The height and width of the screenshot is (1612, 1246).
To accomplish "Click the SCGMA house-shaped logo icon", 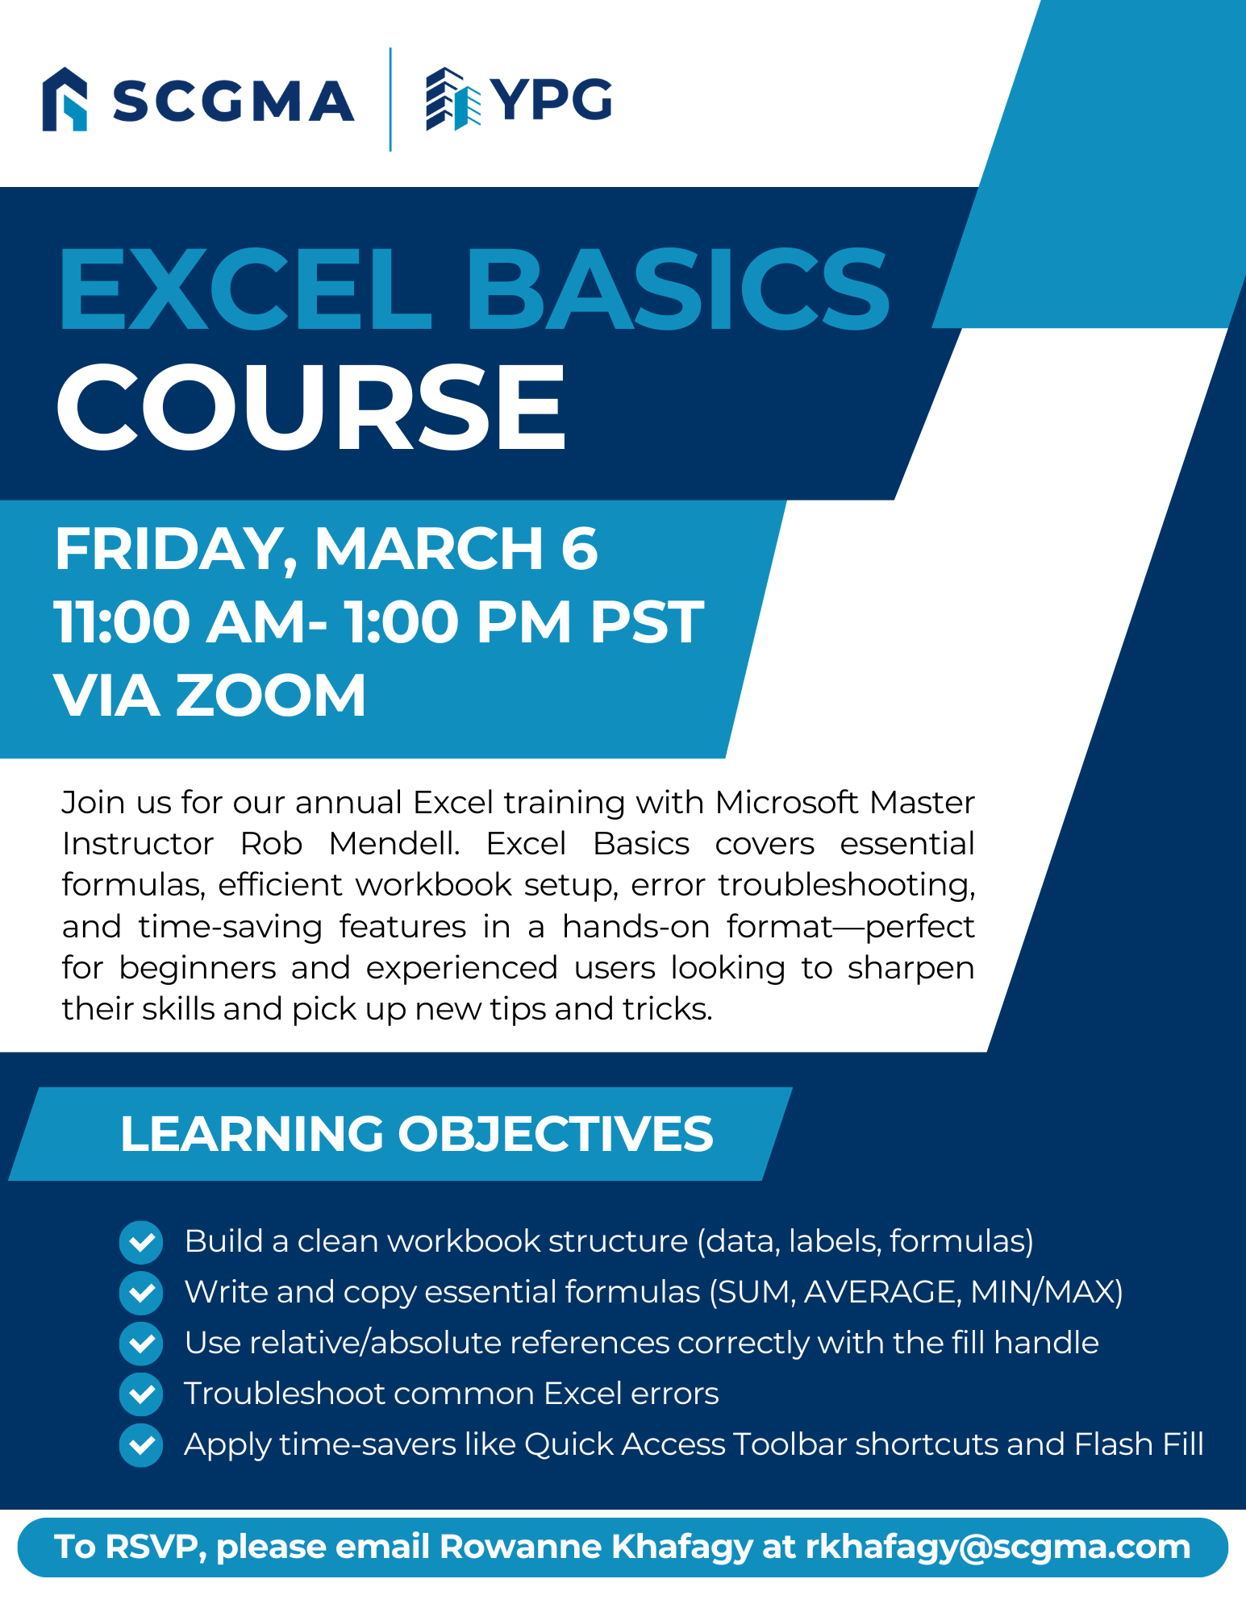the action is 65,99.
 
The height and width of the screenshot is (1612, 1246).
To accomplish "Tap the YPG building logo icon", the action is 453,99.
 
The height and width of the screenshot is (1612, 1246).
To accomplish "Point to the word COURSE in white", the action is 311,406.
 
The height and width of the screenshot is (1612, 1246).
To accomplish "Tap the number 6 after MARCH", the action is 579,549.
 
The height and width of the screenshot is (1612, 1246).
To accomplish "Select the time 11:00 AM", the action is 182,622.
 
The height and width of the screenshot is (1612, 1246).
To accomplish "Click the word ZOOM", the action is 271,696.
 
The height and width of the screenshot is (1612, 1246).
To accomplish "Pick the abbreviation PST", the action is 647,622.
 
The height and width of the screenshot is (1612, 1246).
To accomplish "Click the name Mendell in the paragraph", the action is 394,844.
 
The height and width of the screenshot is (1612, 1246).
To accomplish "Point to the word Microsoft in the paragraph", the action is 786,803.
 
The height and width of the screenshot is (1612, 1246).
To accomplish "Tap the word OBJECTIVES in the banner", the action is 556,1133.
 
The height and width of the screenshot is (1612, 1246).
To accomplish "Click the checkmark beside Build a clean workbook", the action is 141,1241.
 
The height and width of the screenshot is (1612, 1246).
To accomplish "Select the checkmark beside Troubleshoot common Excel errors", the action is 141,1394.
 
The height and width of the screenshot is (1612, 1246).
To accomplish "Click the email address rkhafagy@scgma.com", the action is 998,1548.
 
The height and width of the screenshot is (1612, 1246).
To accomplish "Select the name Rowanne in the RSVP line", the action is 520,1547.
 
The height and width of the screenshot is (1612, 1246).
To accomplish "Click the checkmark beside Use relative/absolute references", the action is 141,1343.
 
